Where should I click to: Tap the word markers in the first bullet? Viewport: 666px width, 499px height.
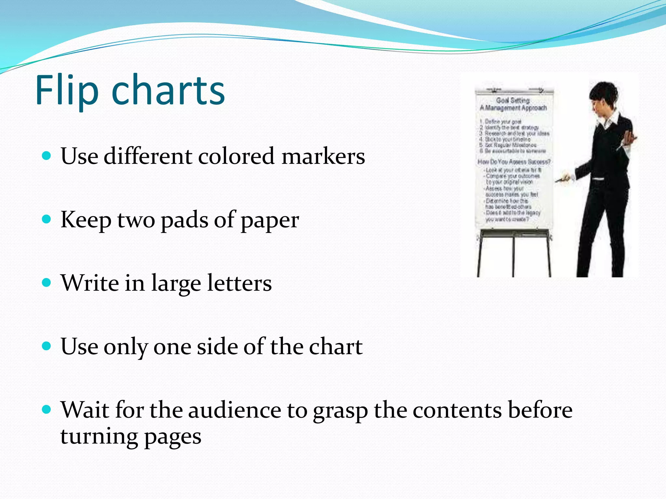[x=323, y=156]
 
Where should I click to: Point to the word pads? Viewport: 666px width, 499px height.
[x=184, y=220]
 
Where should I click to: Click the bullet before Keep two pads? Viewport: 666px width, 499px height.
[x=47, y=220]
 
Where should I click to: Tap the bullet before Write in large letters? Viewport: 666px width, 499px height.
[x=47, y=283]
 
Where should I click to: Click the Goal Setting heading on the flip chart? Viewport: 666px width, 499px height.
[x=513, y=100]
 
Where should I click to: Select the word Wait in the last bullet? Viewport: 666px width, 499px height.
[x=85, y=410]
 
